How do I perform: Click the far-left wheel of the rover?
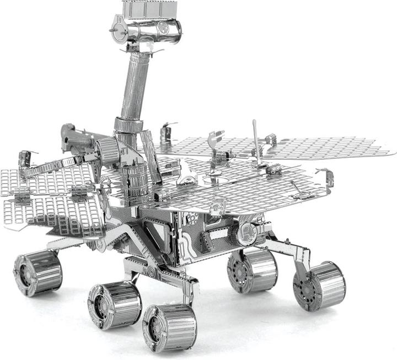[37, 272]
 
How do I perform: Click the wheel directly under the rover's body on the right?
[252, 270]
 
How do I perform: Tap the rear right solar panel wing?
[325, 146]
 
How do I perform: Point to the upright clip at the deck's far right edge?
[330, 178]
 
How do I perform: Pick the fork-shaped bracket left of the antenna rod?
[215, 141]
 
